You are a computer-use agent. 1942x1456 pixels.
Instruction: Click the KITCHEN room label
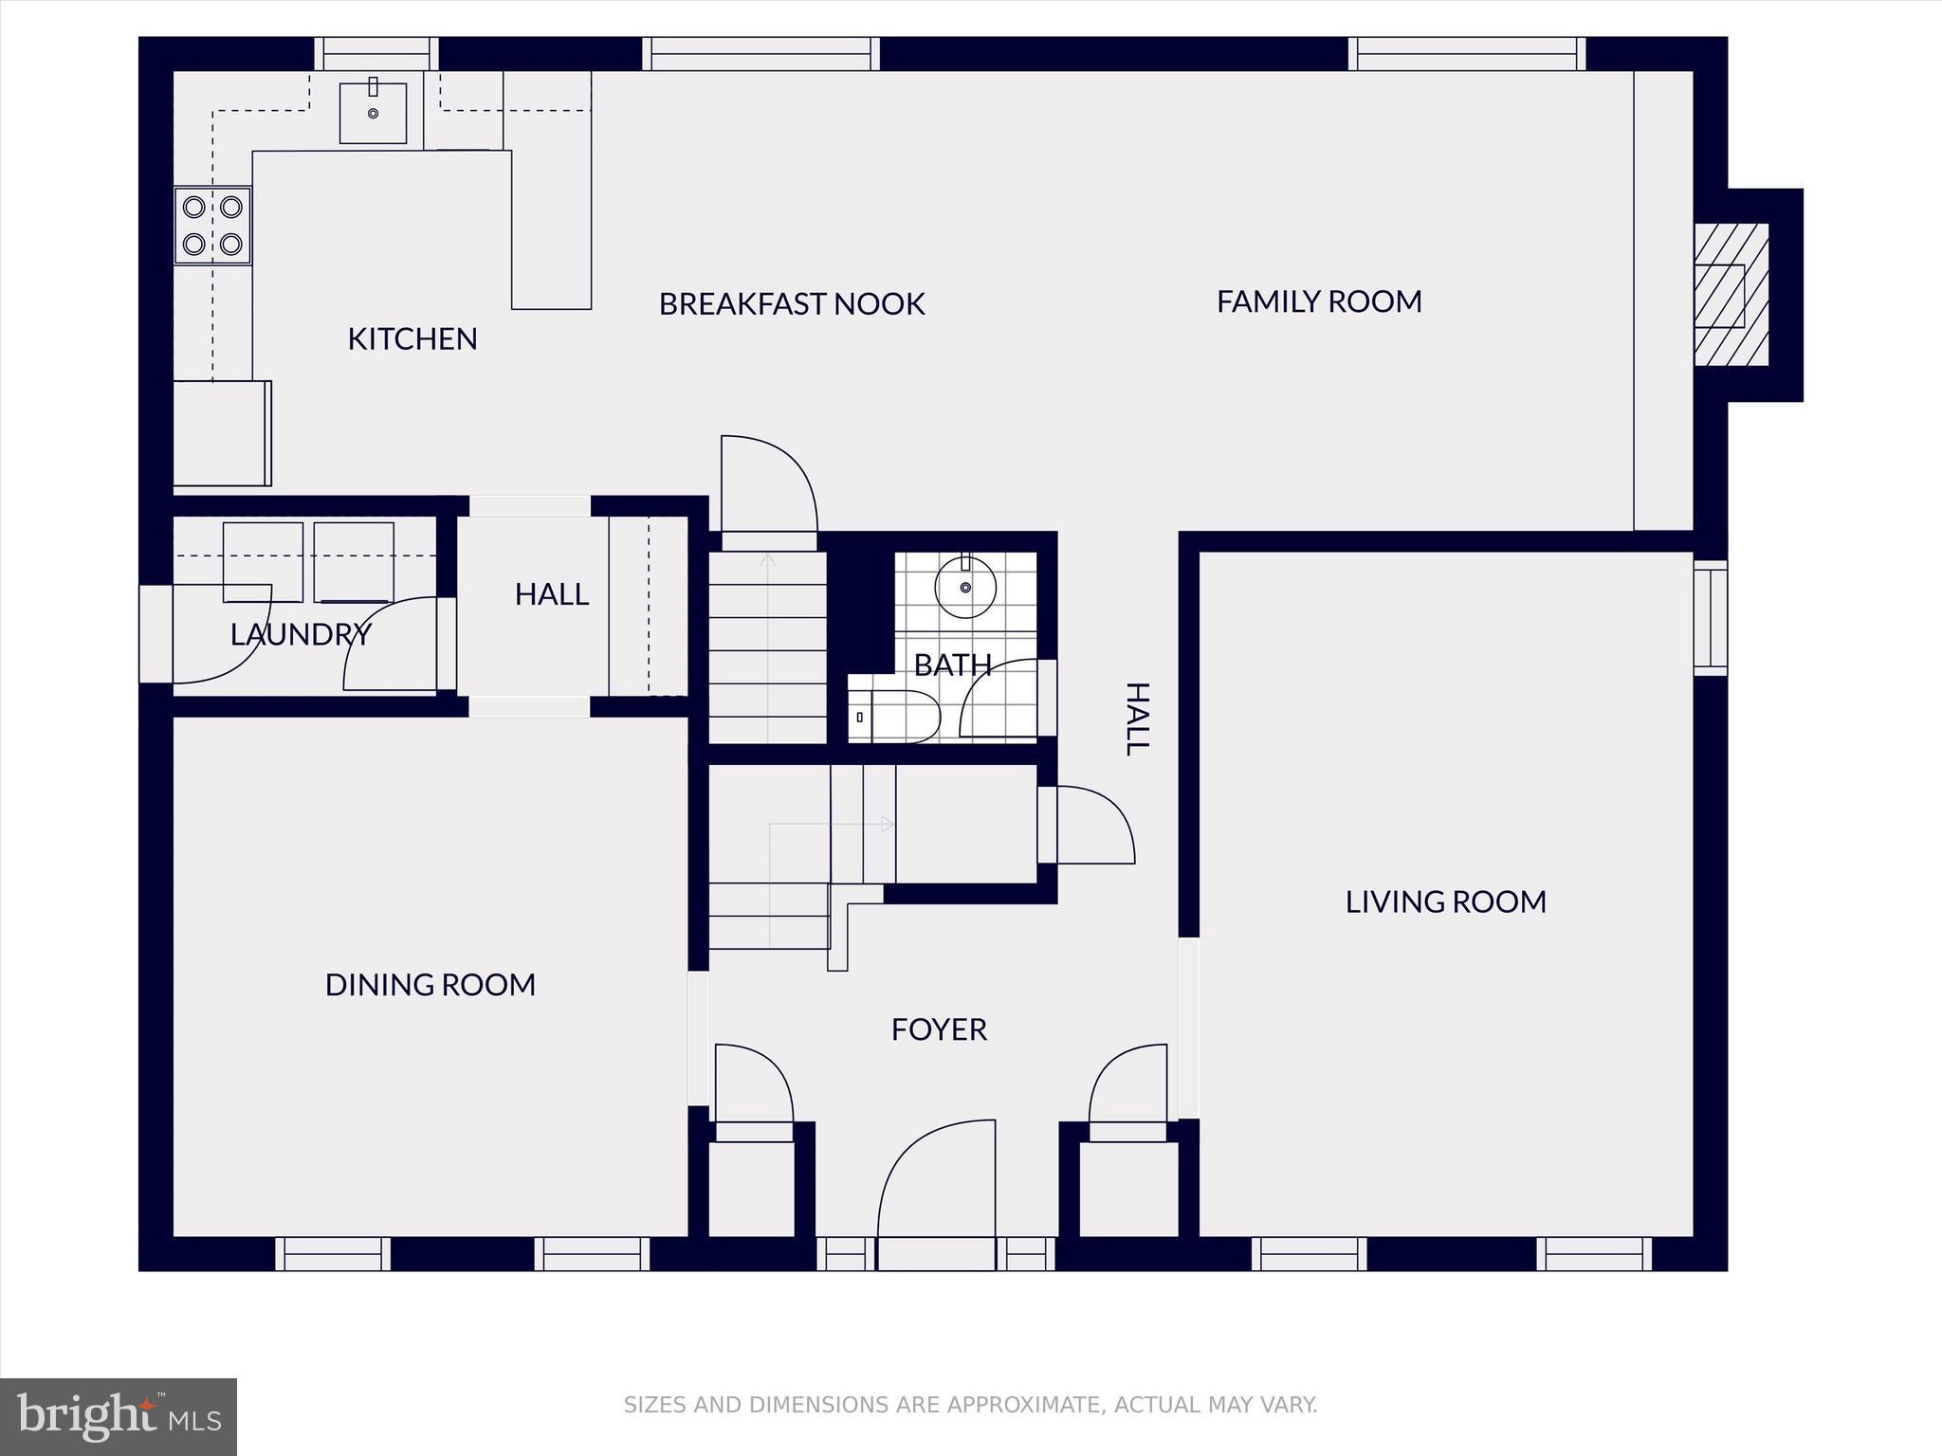pyautogui.click(x=412, y=338)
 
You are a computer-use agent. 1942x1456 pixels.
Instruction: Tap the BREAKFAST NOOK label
pyautogui.click(x=791, y=303)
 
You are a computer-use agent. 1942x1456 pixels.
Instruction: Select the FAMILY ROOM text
pyautogui.click(x=1318, y=301)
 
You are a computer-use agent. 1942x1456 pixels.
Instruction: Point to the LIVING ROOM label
pyautogui.click(x=1445, y=901)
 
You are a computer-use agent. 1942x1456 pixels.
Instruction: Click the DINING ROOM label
pyautogui.click(x=430, y=985)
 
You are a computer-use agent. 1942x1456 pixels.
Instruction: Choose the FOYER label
pyautogui.click(x=939, y=1029)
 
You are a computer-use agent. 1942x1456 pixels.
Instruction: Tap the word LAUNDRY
pyautogui.click(x=300, y=634)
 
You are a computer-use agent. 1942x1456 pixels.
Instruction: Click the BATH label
pyautogui.click(x=952, y=664)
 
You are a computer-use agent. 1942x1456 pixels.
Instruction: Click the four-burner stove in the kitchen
pyautogui.click(x=212, y=226)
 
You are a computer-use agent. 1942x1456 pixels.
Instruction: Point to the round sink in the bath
pyautogui.click(x=965, y=587)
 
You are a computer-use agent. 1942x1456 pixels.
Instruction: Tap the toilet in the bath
pyautogui.click(x=896, y=717)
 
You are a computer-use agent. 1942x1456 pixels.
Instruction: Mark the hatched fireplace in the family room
pyautogui.click(x=1731, y=295)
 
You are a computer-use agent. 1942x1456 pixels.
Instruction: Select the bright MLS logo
pyautogui.click(x=119, y=1417)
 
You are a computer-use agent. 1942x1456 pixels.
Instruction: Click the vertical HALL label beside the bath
pyautogui.click(x=1137, y=719)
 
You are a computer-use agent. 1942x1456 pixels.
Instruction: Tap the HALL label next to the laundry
pyautogui.click(x=551, y=594)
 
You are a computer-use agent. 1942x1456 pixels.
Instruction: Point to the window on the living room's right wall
pyautogui.click(x=1711, y=617)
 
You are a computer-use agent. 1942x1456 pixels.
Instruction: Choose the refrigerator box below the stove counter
pyautogui.click(x=222, y=433)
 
